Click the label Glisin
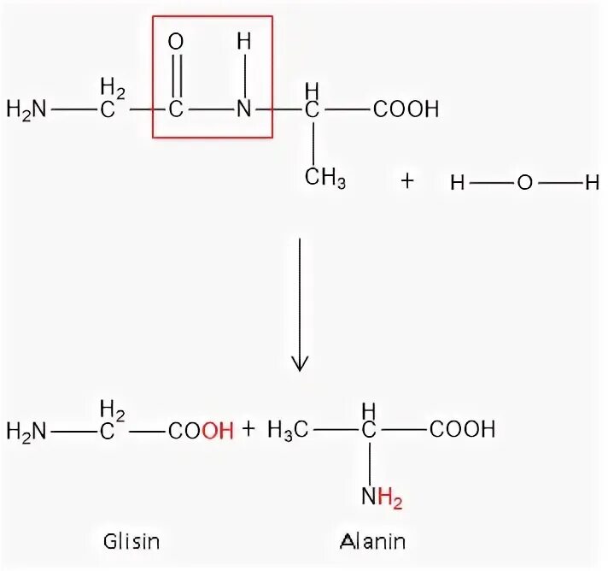132,541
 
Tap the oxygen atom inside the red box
177,42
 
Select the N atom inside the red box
245,109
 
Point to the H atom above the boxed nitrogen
245,42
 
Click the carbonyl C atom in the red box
177,109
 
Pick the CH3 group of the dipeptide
325,180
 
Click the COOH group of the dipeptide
405,109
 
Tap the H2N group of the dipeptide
26,109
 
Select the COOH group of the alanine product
462,430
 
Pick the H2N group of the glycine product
26,430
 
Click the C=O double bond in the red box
177,75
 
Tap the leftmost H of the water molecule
457,181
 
